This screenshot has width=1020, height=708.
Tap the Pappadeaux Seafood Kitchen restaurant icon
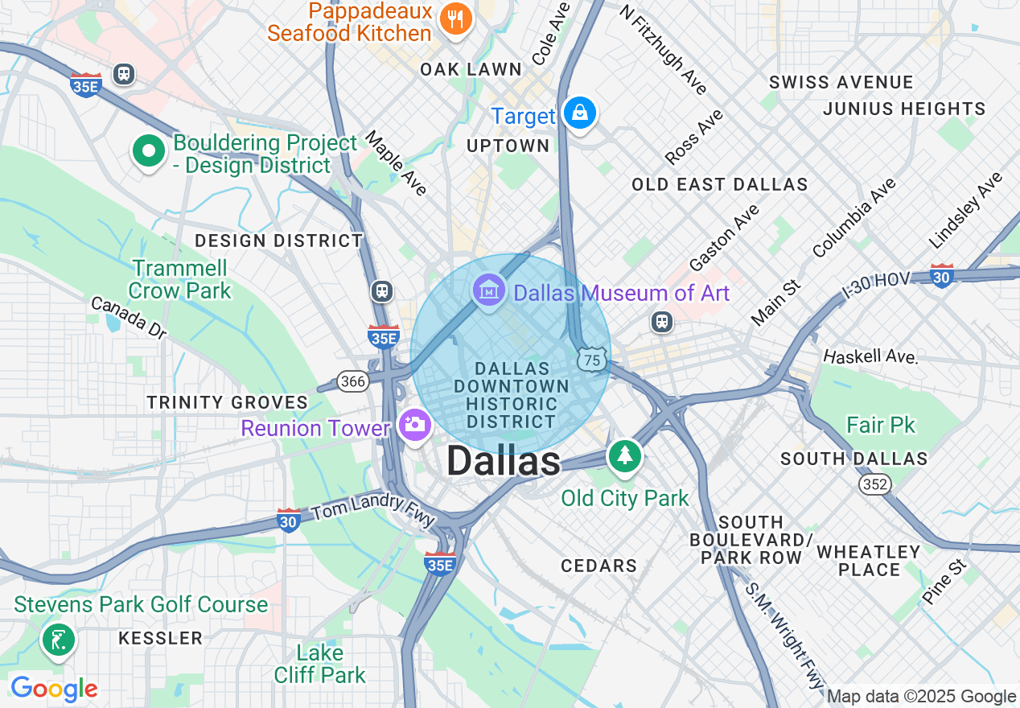[x=456, y=19]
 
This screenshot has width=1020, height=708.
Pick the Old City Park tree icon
[x=624, y=455]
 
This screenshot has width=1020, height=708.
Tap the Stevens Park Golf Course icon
[x=58, y=641]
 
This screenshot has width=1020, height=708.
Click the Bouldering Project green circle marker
[x=148, y=151]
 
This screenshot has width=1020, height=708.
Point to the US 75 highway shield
[x=592, y=360]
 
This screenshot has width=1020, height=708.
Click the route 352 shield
[x=874, y=484]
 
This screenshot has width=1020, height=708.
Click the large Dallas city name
[x=504, y=462]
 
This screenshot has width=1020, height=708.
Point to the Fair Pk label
[x=881, y=425]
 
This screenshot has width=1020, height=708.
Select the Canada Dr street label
[x=128, y=317]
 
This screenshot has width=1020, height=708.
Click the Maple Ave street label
[x=396, y=163]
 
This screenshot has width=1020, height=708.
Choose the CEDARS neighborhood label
[x=599, y=566]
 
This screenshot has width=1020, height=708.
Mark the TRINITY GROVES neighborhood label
[x=227, y=402]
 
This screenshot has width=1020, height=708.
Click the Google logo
[x=54, y=689]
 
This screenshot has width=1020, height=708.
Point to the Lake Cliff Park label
[x=320, y=664]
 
